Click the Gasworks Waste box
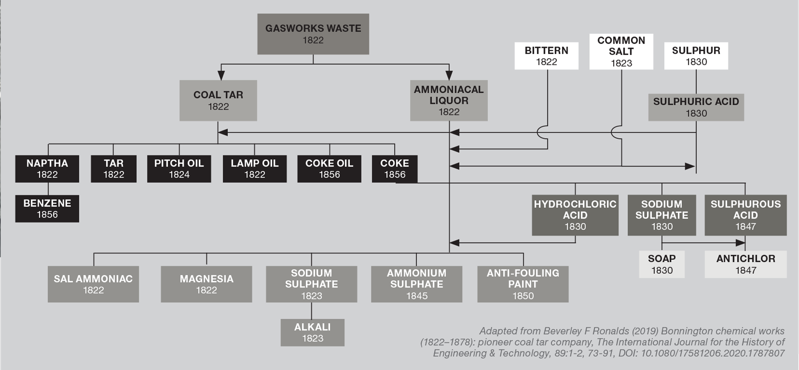313,34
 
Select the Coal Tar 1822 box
218,101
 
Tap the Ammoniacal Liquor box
449,101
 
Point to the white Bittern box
546,56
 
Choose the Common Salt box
621,52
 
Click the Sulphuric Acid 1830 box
696,107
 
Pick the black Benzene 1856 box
47,209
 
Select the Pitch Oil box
179,169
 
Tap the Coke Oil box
329,169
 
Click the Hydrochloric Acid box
575,215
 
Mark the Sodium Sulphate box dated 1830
662,215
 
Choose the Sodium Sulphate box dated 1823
311,284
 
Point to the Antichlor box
745,264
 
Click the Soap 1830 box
662,264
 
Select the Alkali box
313,333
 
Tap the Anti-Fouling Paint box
523,284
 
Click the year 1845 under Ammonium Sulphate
417,296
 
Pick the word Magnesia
206,279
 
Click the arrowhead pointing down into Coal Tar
221,75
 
